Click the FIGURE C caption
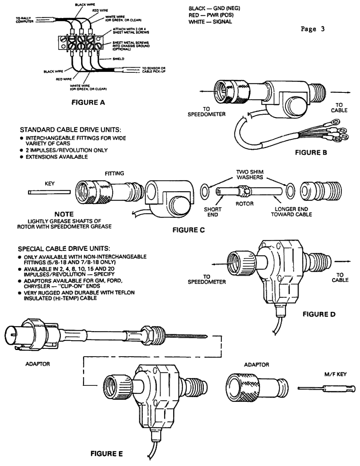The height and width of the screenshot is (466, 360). (x=189, y=230)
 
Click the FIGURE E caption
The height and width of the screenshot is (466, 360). (x=107, y=453)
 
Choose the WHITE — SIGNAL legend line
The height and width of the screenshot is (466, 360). (x=210, y=22)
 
